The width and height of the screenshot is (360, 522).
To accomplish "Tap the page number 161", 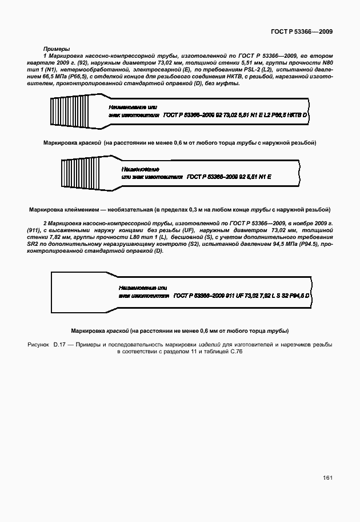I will click(x=327, y=477).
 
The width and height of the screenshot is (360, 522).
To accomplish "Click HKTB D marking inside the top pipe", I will click(x=297, y=115).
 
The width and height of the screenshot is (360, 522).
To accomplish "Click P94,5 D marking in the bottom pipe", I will click(x=299, y=296).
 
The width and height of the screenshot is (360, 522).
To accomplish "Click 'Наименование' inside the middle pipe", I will click(x=140, y=169).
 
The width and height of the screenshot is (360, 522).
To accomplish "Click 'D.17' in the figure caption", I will click(x=61, y=345).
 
